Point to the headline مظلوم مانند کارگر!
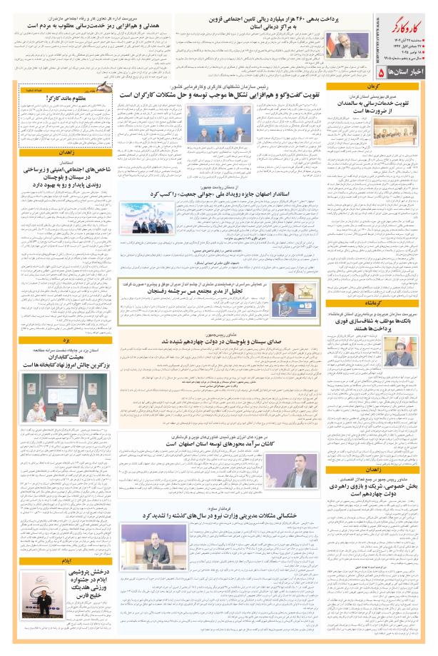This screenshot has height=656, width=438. tap(47, 97)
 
